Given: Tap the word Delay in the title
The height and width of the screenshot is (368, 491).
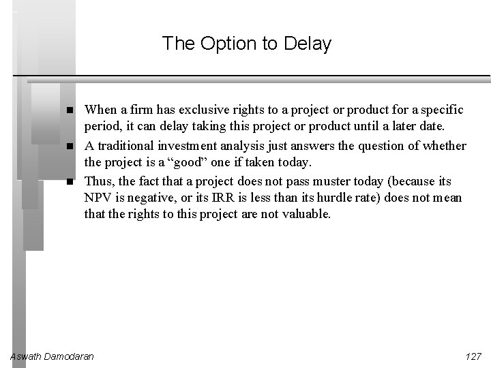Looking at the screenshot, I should coord(308,44).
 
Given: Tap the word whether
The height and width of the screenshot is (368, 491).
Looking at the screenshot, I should coord(444,146).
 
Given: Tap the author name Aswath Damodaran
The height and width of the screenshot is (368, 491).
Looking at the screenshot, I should coord(53,356).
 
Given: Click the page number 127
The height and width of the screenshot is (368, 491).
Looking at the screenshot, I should coord(472,356).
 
